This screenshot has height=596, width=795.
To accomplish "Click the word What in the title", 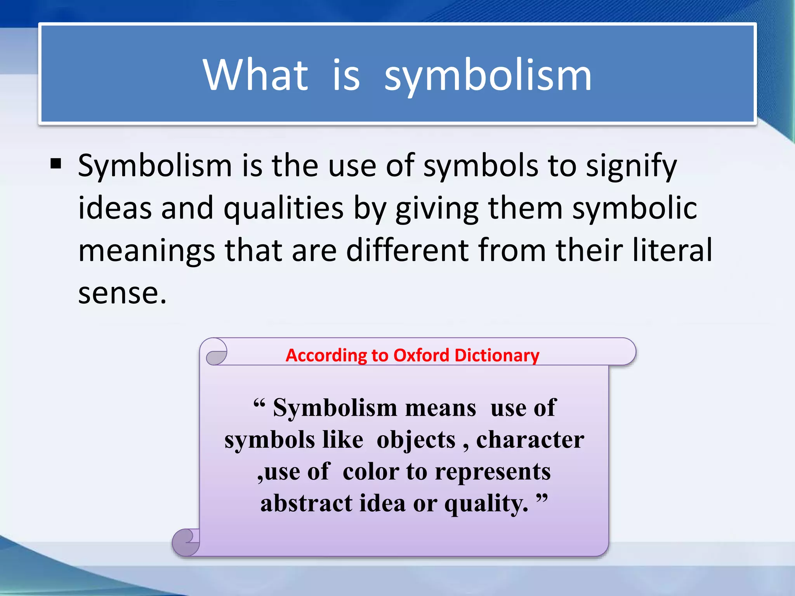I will pyautogui.click(x=255, y=74).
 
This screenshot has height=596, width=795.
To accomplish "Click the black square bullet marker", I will pyautogui.click(x=56, y=164).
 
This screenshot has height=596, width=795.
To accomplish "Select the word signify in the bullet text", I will pyautogui.click(x=631, y=166).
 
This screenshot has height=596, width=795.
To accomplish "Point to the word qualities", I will pyautogui.click(x=283, y=208).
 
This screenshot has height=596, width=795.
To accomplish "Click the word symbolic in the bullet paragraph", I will pyautogui.click(x=635, y=208).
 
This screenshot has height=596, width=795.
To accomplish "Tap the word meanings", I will pyautogui.click(x=147, y=251).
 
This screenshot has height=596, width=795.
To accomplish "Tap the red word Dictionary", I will pyautogui.click(x=497, y=355).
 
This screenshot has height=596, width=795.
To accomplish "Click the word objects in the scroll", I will pyautogui.click(x=416, y=440).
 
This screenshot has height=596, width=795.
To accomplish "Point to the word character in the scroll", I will pyautogui.click(x=530, y=440).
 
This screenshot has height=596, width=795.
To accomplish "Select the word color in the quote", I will pyautogui.click(x=370, y=472).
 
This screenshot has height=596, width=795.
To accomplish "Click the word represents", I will pyautogui.click(x=493, y=472).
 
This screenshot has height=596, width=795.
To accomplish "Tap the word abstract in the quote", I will pyautogui.click(x=306, y=503).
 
